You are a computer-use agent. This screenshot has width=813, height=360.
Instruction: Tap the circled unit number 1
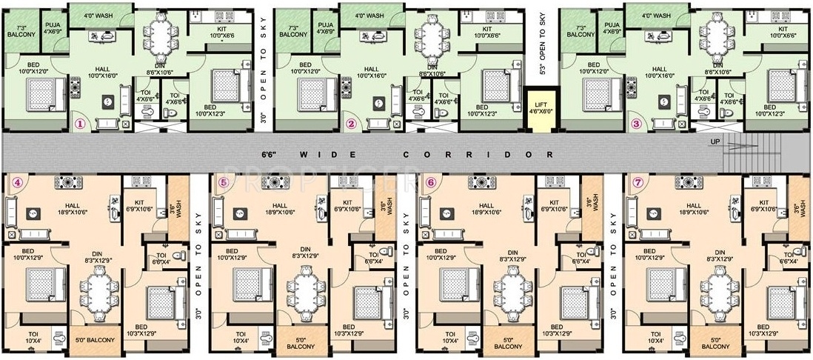click(x=81, y=124)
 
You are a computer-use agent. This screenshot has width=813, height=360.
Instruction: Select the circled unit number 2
click(x=352, y=124)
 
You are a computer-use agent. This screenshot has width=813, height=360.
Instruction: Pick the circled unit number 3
click(x=636, y=124)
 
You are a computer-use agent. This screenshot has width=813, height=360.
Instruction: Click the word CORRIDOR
click(x=478, y=155)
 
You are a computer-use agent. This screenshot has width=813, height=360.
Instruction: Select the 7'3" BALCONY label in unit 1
click(x=21, y=31)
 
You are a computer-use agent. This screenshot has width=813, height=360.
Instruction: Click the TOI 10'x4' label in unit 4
click(x=35, y=337)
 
